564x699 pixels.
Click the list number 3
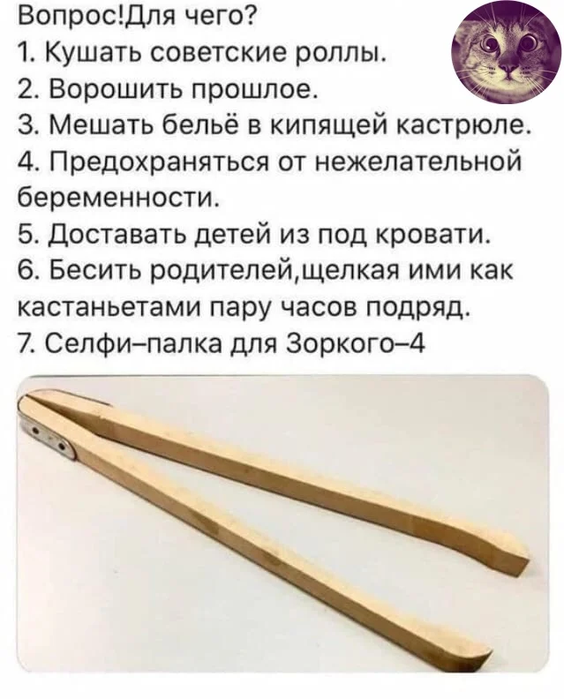(x=25, y=129)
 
